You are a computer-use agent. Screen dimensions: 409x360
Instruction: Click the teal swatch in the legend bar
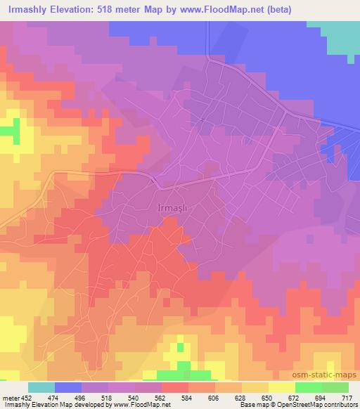tap(41, 387)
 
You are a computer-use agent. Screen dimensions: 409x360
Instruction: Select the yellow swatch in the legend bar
tap(282, 387)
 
